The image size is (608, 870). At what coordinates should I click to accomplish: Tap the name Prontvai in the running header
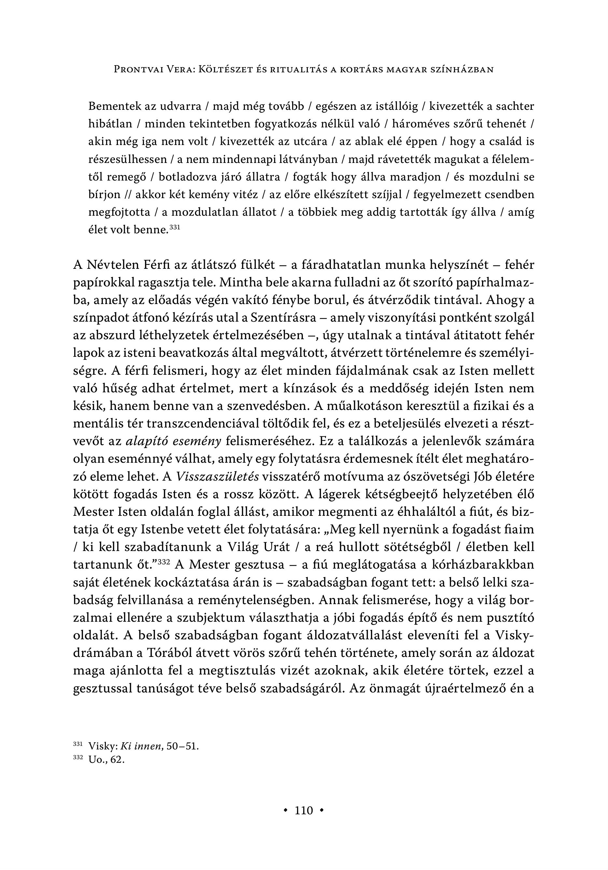(x=139, y=70)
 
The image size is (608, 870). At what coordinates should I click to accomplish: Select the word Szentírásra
(x=283, y=318)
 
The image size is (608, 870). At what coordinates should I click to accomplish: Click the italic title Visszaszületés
(x=218, y=476)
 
